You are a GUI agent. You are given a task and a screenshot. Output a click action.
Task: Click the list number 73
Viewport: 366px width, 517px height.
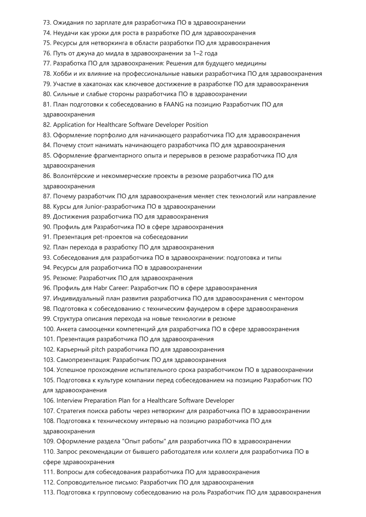47,23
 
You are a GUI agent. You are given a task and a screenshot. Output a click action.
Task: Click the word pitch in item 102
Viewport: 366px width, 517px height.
98,349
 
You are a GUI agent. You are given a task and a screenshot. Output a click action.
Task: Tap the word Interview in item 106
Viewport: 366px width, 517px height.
69,401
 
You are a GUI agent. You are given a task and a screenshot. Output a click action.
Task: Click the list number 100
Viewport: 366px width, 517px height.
49,329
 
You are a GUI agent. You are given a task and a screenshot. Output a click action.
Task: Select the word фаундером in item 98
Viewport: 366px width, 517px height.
205,309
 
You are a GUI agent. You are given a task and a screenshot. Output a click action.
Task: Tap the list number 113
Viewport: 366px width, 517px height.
49,493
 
